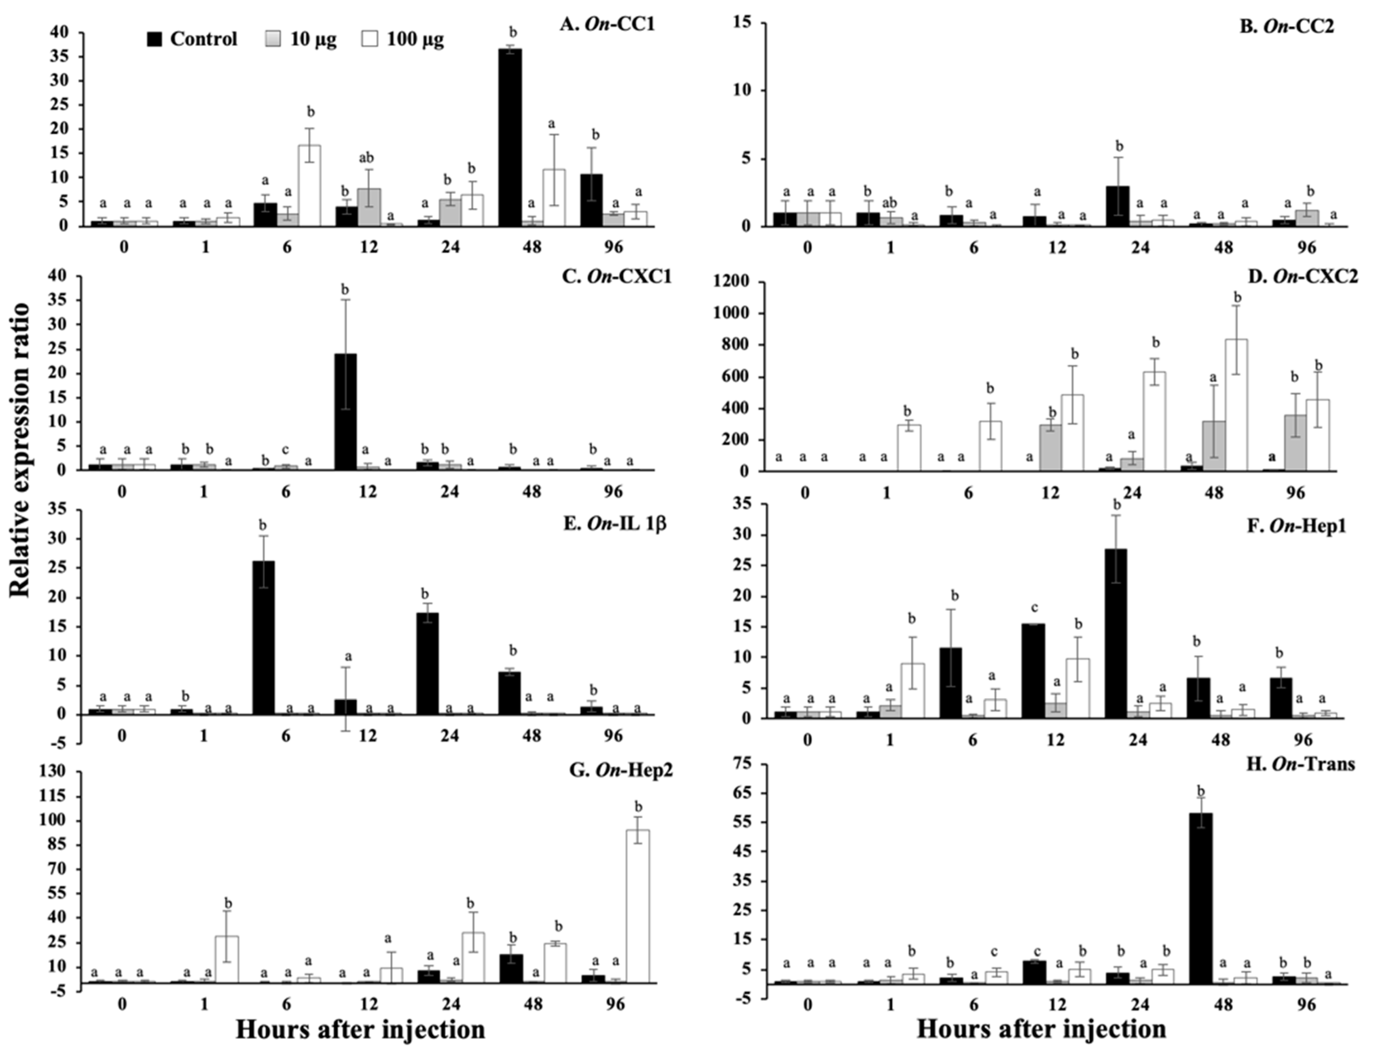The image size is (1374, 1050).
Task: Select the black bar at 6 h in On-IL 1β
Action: [x=263, y=637]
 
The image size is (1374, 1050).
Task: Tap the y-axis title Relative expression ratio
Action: [x=20, y=449]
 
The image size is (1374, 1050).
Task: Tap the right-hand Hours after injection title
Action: [x=1042, y=1028]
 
